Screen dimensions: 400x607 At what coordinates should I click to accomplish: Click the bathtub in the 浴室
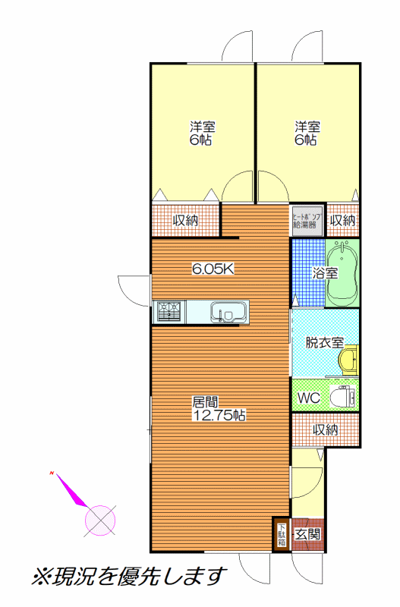click(342, 274)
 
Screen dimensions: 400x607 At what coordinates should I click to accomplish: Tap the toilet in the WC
click(342, 396)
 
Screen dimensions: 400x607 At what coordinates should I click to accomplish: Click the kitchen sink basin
click(228, 312)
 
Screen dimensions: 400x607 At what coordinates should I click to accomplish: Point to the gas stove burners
click(169, 312)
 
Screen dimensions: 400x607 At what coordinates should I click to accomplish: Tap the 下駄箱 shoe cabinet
click(282, 535)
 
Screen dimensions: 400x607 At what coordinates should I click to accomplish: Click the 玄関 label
click(308, 535)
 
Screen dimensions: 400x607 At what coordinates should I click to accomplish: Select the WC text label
click(309, 398)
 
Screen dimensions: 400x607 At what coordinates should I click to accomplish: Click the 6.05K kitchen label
click(213, 269)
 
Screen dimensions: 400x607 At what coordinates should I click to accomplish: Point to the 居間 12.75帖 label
click(219, 408)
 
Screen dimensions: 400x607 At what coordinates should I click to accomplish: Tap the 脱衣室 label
click(325, 342)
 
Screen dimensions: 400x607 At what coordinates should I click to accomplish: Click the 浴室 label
click(326, 273)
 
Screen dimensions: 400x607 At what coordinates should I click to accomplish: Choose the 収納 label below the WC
click(326, 429)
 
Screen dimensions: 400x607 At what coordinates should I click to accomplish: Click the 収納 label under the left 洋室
click(185, 220)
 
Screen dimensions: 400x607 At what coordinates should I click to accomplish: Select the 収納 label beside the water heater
click(342, 220)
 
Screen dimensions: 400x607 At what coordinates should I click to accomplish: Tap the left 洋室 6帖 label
click(202, 134)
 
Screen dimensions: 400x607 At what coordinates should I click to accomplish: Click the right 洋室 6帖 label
click(307, 134)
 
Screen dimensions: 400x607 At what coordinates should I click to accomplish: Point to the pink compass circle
click(100, 521)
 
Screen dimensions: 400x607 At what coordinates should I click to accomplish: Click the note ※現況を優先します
click(129, 577)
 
